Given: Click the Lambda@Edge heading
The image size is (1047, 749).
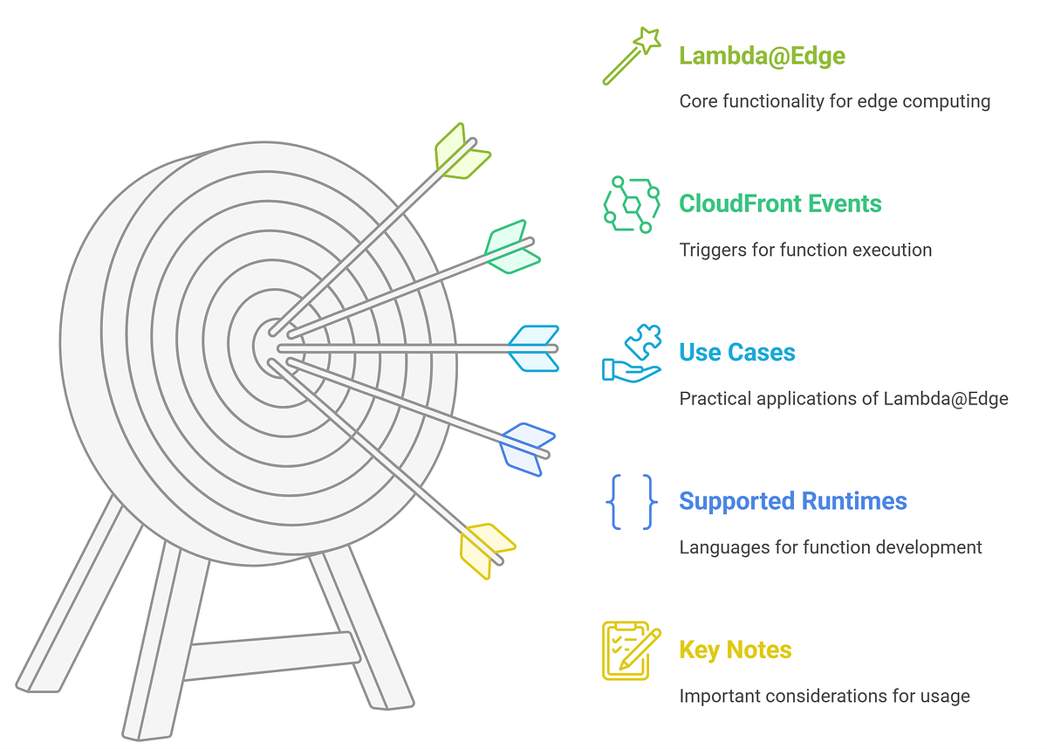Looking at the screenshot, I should (762, 56).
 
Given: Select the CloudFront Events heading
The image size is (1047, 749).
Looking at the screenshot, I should (780, 204).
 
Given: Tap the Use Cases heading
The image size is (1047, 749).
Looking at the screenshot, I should (737, 353).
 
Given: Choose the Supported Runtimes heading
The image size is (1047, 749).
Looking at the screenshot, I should (792, 501).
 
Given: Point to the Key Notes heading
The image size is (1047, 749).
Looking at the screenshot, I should (735, 649).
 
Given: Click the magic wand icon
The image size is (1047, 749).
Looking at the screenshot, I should (631, 56).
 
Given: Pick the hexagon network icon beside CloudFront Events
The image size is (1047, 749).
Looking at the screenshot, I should (631, 204).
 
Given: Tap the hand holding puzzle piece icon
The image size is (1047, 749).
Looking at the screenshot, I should (631, 353).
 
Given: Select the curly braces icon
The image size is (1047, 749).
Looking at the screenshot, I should (631, 501).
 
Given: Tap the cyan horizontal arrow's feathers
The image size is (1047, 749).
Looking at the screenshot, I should (533, 348).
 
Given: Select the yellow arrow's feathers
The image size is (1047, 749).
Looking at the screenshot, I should (486, 548).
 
